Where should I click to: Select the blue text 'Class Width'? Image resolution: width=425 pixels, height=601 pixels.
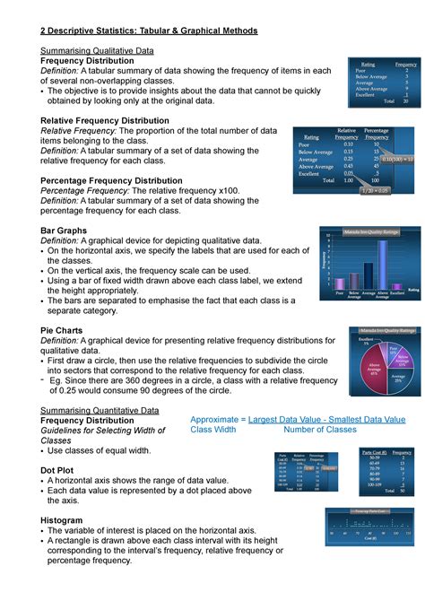[213, 430]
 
